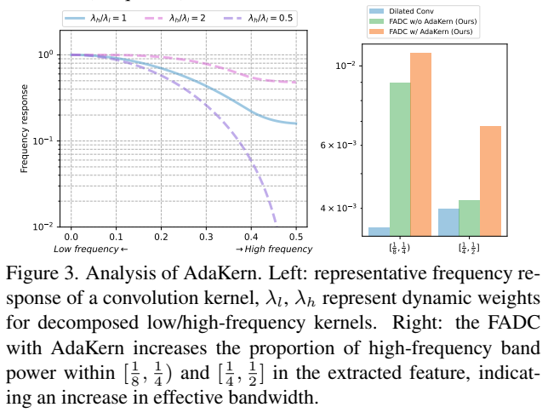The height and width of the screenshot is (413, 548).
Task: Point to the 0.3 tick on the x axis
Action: click(206, 235)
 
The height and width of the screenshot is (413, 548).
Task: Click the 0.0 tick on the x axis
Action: click(71, 235)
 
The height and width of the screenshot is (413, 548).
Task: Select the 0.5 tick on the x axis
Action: click(295, 235)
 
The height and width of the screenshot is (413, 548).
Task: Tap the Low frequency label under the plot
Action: click(90, 249)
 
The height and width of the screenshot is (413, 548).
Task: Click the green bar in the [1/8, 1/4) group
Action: click(400, 158)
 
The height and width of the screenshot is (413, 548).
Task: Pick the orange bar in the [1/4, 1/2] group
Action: click(490, 180)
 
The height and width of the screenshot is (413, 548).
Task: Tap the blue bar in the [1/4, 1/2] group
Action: click(448, 221)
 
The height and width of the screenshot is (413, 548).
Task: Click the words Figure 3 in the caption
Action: click(39, 275)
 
